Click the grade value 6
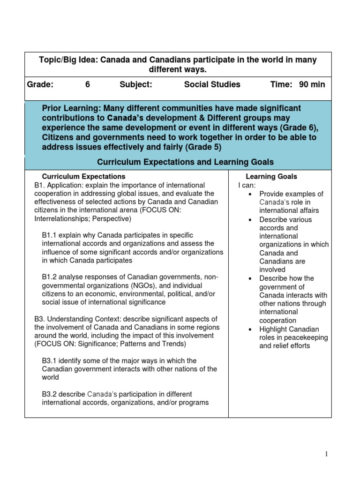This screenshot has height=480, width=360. (x=87, y=85)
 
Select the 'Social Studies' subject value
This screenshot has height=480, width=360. (x=212, y=85)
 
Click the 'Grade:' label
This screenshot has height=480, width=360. (x=40, y=85)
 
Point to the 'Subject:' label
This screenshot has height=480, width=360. (x=136, y=85)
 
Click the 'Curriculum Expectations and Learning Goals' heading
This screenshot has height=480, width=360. (x=185, y=162)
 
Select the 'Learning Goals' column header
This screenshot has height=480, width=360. (x=271, y=177)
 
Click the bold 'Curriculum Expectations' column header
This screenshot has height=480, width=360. (x=84, y=177)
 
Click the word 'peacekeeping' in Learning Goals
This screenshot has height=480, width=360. (x=309, y=338)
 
